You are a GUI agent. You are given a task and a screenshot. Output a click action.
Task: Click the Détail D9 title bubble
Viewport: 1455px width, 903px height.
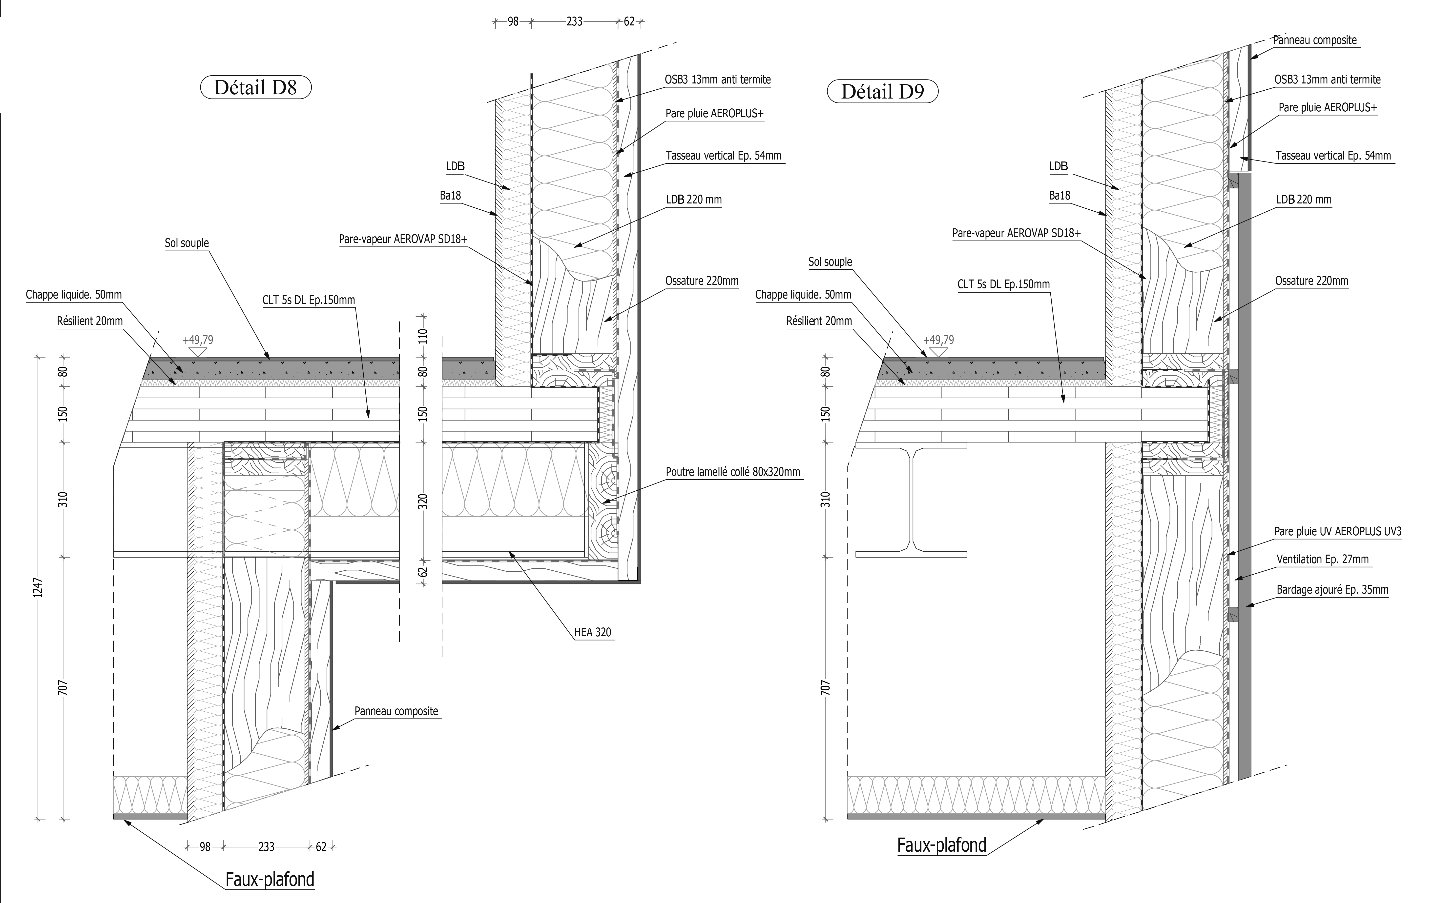[x=882, y=91]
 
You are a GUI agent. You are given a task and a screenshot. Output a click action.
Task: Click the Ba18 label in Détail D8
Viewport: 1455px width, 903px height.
[x=450, y=195]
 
